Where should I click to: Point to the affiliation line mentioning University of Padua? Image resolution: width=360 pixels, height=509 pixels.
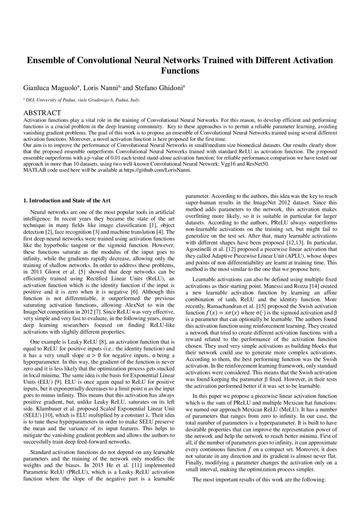(x=82, y=100)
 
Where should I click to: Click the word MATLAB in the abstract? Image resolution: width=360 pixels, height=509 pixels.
(x=34, y=170)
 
